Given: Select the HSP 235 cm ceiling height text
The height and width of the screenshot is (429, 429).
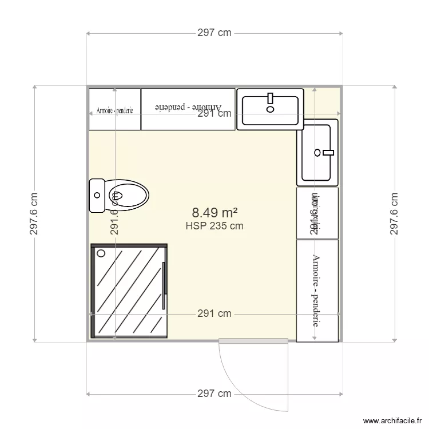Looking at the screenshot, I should click(214, 226).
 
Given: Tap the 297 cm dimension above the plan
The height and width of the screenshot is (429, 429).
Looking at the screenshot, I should click(214, 33).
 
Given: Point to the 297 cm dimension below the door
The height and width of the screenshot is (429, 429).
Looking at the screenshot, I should click(214, 394).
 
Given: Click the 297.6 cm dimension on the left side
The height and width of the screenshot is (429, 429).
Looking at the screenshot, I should click(35, 213).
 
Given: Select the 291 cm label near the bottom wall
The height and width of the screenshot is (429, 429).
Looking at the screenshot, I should click(214, 313).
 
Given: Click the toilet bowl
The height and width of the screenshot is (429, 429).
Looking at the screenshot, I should click(128, 195).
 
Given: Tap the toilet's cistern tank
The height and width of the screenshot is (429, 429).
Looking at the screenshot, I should click(97, 195).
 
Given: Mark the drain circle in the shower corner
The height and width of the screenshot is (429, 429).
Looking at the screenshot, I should click(102, 253).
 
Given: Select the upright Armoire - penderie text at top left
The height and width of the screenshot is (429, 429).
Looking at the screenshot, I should click(114, 110).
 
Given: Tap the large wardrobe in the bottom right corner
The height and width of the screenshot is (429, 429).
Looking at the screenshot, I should click(317, 290).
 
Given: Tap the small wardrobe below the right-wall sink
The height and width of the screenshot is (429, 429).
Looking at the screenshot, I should click(317, 213).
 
